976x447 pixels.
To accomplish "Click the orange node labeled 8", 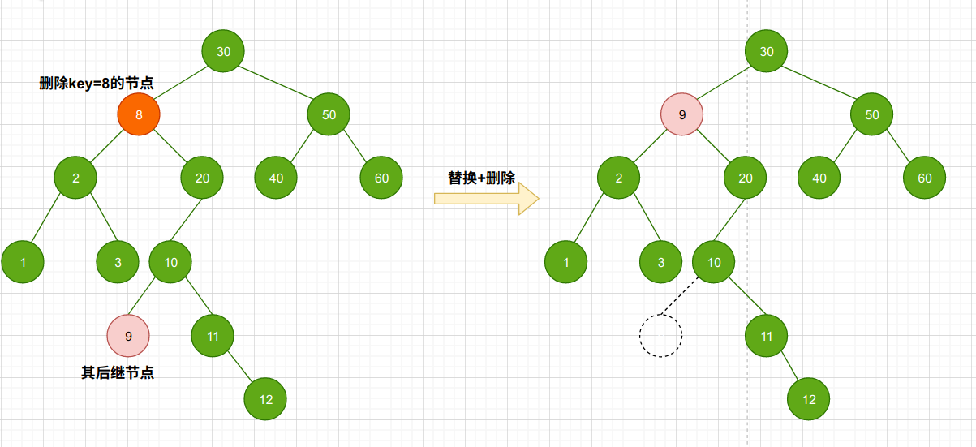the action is click(x=139, y=114).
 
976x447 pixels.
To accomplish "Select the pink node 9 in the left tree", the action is click(x=128, y=336).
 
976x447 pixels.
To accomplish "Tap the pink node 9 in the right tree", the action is click(x=681, y=114).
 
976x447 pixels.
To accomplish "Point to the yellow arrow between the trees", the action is click(x=487, y=199).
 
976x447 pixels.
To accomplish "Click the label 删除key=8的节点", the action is click(x=97, y=83).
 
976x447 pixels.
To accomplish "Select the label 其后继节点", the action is click(x=118, y=372).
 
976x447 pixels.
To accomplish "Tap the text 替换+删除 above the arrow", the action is click(x=481, y=178).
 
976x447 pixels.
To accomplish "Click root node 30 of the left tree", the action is click(x=223, y=51).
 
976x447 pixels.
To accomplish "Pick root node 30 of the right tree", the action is click(x=767, y=51).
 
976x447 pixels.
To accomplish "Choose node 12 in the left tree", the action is click(x=265, y=399).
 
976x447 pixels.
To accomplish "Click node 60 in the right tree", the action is click(x=925, y=178).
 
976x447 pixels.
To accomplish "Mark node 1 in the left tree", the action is click(x=23, y=262).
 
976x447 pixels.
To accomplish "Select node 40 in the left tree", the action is click(x=276, y=178).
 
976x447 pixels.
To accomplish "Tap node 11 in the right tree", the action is click(x=767, y=336).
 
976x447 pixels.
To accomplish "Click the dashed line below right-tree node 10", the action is click(x=680, y=295).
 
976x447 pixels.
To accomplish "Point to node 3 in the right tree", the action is click(x=661, y=262).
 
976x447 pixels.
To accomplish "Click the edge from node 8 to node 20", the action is click(x=170, y=146).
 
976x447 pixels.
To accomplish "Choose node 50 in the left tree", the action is click(x=329, y=114).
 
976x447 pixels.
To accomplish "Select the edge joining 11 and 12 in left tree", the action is click(x=239, y=367).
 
